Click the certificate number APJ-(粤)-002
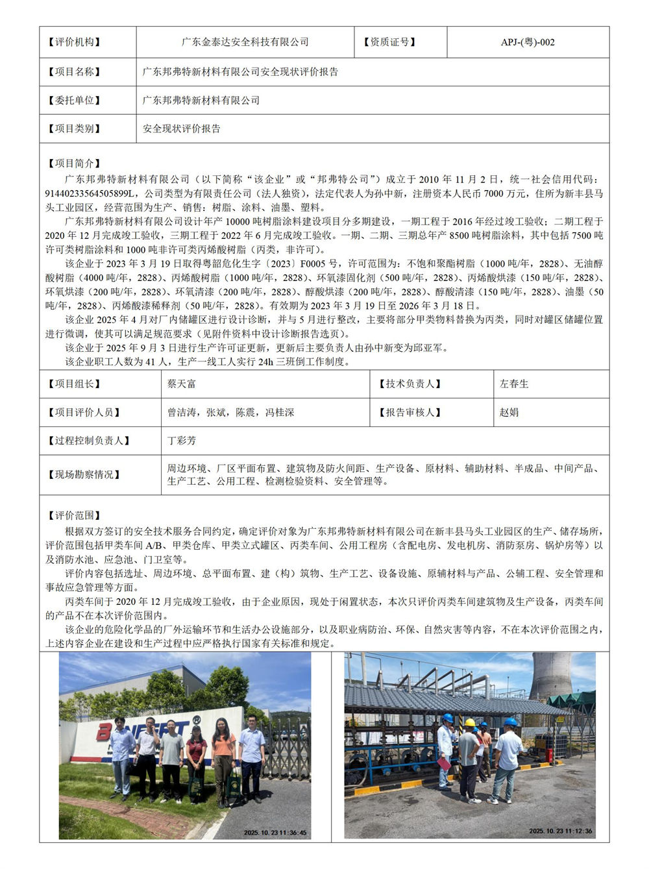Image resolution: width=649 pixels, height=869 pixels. (x=528, y=42)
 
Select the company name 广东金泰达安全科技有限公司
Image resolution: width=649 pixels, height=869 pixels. (x=245, y=42)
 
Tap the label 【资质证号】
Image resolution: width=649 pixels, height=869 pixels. (x=390, y=42)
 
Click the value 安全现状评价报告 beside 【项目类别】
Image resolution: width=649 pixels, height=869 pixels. (x=182, y=129)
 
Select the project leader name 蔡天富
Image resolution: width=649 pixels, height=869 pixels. (x=182, y=384)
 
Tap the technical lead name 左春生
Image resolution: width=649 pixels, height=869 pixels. (x=514, y=384)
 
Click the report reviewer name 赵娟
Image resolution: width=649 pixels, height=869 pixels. (x=509, y=412)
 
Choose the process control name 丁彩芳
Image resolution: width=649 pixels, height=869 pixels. (x=182, y=441)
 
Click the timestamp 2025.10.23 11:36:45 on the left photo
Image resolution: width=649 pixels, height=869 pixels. (x=275, y=833)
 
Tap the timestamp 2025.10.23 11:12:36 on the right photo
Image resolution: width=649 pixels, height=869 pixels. (x=560, y=831)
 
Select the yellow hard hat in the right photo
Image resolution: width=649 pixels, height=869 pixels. (x=469, y=723)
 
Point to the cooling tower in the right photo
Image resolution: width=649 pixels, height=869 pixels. (x=550, y=675)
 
